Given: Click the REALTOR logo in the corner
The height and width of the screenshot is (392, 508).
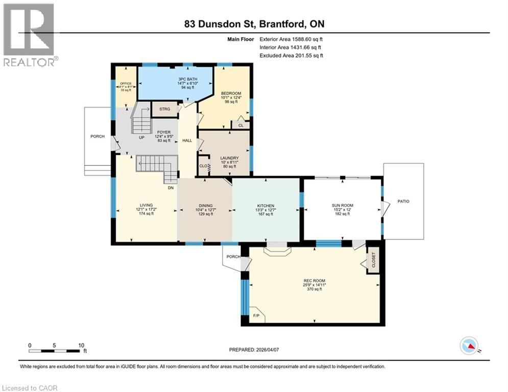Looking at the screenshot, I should pyautogui.click(x=29, y=34).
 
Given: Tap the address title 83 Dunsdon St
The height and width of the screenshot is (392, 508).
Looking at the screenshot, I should pyautogui.click(x=254, y=24).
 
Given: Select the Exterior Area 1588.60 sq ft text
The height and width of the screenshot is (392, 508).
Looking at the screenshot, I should pyautogui.click(x=291, y=39).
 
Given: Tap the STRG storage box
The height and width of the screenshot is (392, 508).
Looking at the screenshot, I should pyautogui.click(x=164, y=109).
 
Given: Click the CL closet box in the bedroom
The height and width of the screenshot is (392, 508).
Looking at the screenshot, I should pyautogui.click(x=240, y=125).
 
